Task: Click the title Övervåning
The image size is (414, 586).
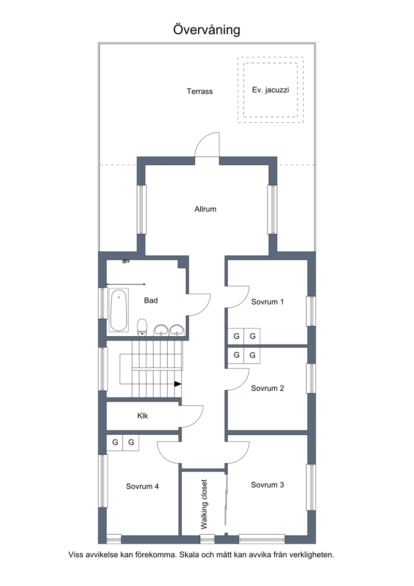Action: [x=206, y=30]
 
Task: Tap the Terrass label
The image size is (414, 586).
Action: [x=200, y=92]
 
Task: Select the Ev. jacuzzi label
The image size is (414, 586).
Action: [x=271, y=90]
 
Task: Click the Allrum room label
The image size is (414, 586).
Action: [x=205, y=209]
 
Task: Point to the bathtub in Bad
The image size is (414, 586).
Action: [x=119, y=310]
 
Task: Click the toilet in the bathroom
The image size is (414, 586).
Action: [x=142, y=328]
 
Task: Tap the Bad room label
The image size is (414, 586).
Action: [x=151, y=301]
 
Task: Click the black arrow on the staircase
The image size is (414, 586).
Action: [x=178, y=384]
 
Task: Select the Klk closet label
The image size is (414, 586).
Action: [x=143, y=416]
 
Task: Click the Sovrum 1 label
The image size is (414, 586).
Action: [x=268, y=302]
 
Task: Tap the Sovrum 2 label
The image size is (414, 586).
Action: [x=268, y=388]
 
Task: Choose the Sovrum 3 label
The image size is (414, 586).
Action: [x=268, y=485]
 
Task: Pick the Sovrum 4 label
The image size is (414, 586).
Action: [x=142, y=487]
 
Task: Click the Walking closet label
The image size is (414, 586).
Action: [x=204, y=505]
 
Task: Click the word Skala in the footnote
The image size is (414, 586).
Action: [x=188, y=555]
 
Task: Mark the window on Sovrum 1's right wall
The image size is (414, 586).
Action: [x=311, y=311]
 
